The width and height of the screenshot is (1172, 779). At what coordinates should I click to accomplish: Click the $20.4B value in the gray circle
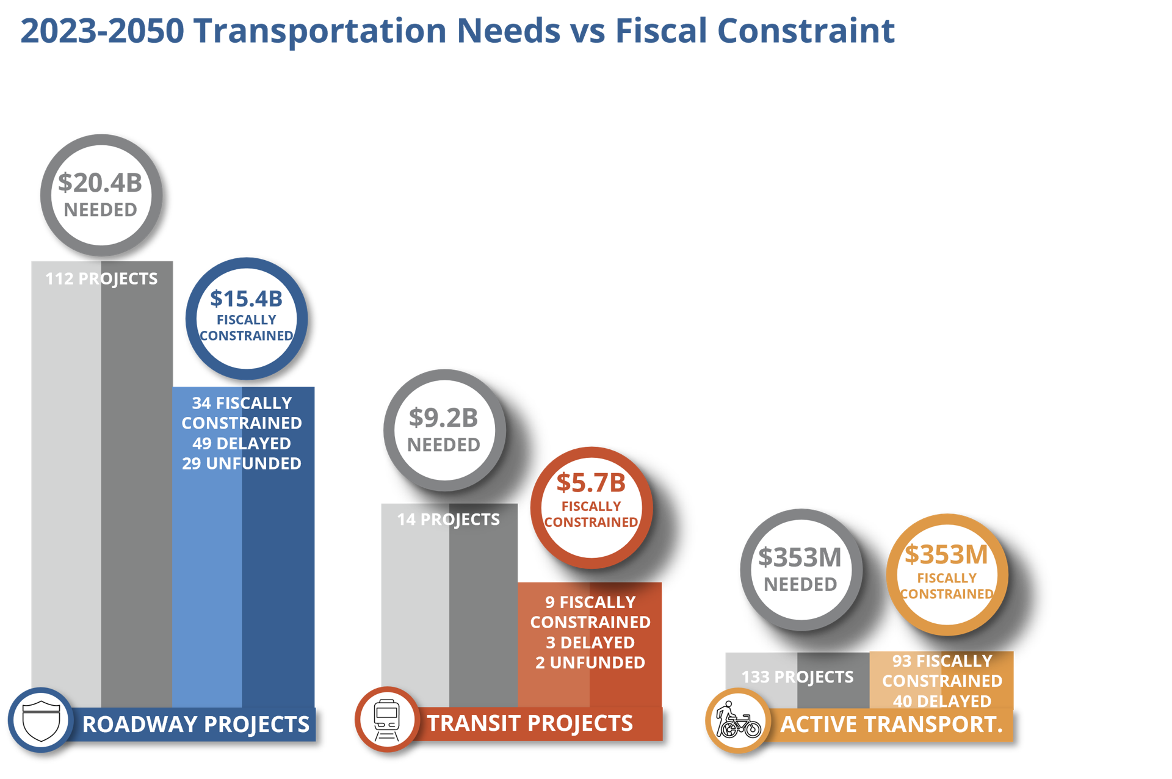pos(100,183)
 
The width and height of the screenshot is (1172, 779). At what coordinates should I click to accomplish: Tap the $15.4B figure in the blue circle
pos(246,299)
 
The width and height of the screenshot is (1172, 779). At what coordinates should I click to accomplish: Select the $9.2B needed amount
pos(443,418)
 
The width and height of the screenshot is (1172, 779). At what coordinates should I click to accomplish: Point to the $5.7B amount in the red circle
pos(591,483)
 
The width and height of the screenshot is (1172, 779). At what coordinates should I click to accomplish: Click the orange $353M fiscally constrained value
pos(946,554)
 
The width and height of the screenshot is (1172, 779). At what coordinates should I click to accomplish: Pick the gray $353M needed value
pos(800,557)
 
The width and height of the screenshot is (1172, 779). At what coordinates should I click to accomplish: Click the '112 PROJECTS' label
pos(101,279)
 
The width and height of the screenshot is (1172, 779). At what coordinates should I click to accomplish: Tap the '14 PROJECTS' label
pos(448,520)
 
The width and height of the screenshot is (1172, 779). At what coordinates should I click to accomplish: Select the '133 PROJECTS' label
pos(797,677)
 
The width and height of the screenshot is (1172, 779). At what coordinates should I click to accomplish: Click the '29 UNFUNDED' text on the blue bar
pos(242,463)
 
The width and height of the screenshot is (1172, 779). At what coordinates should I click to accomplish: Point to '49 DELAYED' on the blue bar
pos(242,443)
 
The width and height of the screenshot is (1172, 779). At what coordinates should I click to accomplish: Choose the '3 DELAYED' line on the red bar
pos(590,642)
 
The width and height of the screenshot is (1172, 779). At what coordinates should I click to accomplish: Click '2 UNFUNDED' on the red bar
pos(590,662)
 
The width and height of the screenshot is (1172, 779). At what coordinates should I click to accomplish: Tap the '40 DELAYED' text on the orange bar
pos(942,701)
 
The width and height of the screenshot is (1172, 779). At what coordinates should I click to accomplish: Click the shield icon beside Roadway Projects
pos(41,720)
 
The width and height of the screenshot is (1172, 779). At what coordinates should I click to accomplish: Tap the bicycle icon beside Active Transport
pos(738,721)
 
